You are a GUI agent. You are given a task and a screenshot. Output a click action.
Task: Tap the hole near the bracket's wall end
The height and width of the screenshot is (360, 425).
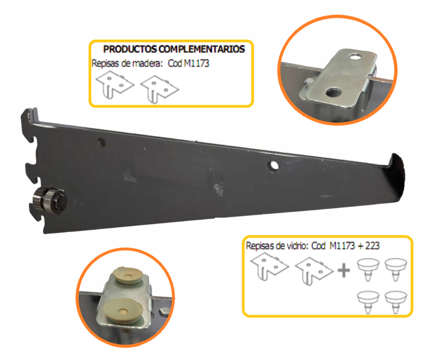tap(101, 143)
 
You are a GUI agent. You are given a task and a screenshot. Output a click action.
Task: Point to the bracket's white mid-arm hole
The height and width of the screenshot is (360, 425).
tap(273, 166)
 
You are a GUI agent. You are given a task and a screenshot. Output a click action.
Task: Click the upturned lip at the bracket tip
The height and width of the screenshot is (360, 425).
tap(396, 163)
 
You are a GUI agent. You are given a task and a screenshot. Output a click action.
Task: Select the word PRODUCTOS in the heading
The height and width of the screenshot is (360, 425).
tap(130, 49)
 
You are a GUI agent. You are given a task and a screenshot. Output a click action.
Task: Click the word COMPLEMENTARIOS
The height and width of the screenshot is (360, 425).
tap(201, 49)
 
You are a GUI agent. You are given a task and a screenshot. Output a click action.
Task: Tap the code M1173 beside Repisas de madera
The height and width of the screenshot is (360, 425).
tap(197, 63)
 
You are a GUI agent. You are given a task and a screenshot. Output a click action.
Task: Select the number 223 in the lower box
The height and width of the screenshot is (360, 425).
tap(372, 246)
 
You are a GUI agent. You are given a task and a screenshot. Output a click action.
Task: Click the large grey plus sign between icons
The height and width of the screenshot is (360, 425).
tap(344, 270)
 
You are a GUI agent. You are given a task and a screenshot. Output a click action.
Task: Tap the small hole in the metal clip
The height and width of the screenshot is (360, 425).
tap(355, 57)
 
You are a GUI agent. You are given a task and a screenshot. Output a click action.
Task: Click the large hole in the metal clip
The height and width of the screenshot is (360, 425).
tap(333, 93)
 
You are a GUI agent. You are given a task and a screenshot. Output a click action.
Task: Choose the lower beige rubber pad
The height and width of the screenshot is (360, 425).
tap(124, 311)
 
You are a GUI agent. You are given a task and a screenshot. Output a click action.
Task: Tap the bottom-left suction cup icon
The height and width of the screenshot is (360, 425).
tap(368, 302)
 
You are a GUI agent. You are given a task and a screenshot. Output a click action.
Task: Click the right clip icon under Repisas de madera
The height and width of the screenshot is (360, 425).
tap(159, 89)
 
